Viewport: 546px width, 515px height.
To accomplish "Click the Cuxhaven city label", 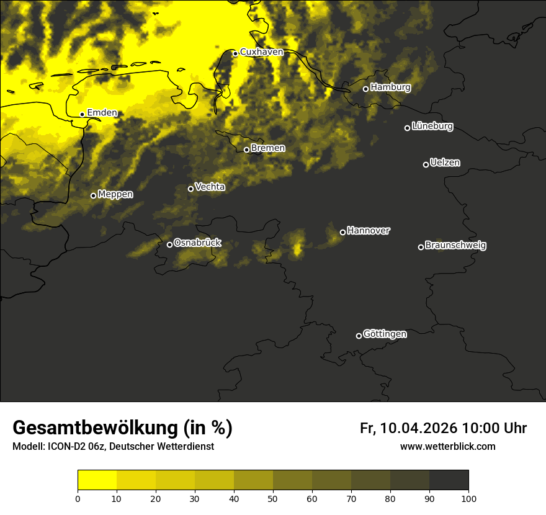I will pos(261,52).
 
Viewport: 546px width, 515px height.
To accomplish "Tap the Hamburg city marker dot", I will pos(365,89).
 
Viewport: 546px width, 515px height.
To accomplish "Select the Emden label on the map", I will pos(102,113).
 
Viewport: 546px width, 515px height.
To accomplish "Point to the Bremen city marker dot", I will pos(246,150).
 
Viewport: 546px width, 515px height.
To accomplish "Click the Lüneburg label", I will pos(432,127).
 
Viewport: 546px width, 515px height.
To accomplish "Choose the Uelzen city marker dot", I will pos(426,164).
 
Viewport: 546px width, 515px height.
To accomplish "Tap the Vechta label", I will pos(210,187).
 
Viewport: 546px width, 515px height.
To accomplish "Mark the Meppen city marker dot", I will pos(93,195).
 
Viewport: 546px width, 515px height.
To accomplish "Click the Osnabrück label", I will pos(197,243).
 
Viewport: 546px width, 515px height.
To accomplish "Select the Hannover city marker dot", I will pos(342,232).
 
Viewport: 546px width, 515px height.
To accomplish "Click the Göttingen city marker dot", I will pos(359,336).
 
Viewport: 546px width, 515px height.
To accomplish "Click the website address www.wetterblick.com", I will pos(447,446).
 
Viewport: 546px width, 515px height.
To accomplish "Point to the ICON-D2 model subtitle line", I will pos(113,447).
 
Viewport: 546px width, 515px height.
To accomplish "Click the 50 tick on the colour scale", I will pos(273,498).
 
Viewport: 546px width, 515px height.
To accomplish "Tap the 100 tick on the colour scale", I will pos(468,498).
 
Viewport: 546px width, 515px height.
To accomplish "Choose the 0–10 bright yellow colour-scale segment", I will pos(97,480).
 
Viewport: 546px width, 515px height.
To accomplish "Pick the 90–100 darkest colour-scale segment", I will pos(449,480).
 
